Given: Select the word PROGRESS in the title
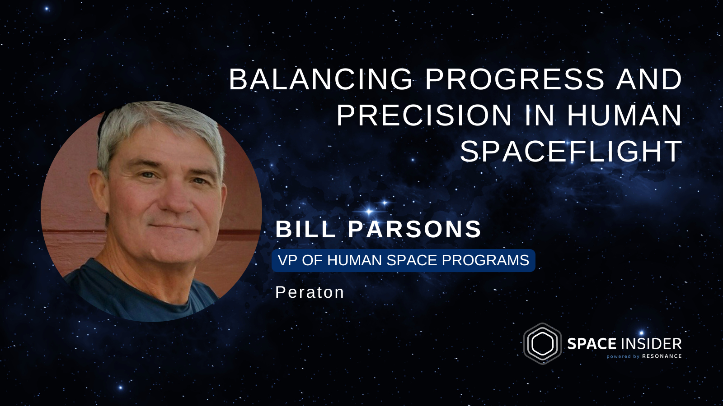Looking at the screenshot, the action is point(514,79).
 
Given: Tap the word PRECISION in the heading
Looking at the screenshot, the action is point(424,115).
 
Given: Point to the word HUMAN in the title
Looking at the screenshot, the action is point(624,115).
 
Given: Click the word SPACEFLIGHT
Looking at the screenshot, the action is point(571,152).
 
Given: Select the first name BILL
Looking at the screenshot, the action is point(305,229).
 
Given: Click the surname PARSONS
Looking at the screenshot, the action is point(414,229).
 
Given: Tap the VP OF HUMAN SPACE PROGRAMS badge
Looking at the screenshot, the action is point(404,260).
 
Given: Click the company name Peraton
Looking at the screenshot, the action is point(310,292).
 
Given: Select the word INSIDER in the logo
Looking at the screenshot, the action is point(651,344).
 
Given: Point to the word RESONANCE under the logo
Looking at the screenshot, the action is point(662,356).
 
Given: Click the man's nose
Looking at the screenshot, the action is point(176,200).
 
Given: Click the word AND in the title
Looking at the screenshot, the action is point(649,79).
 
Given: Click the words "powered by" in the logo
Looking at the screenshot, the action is point(623,356).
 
